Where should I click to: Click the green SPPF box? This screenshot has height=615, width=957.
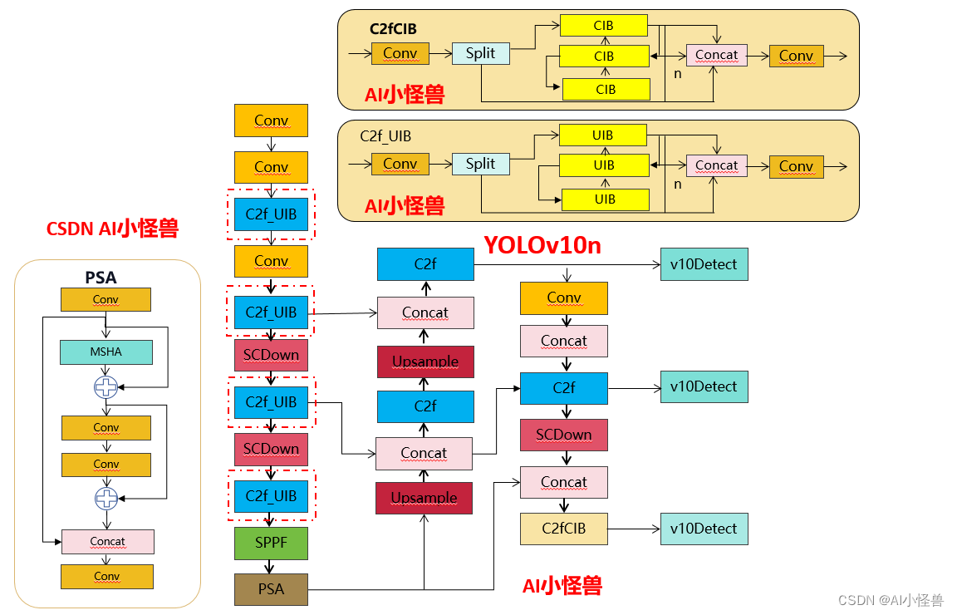pyautogui.click(x=271, y=543)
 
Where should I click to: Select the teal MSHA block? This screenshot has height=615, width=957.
pyautogui.click(x=106, y=352)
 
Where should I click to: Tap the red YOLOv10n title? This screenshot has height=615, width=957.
pyautogui.click(x=542, y=245)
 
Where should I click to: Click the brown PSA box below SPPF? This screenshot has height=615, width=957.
pyautogui.click(x=271, y=589)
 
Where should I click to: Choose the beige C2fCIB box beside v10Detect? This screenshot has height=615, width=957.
pyautogui.click(x=564, y=529)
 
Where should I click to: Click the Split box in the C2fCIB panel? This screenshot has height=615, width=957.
pyautogui.click(x=480, y=53)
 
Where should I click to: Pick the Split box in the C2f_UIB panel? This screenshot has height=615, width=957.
pyautogui.click(x=480, y=164)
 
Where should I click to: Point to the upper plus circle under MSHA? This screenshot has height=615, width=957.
pyautogui.click(x=106, y=386)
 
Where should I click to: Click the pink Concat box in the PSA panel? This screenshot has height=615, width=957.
pyautogui.click(x=107, y=541)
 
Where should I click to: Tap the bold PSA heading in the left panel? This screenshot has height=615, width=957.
pyautogui.click(x=101, y=278)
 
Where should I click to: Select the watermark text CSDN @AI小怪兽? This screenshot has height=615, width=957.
pyautogui.click(x=890, y=600)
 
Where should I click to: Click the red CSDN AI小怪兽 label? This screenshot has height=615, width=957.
pyautogui.click(x=112, y=229)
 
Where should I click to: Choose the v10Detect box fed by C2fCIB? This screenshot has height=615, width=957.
pyautogui.click(x=704, y=529)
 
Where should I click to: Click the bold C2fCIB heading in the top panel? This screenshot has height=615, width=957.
pyautogui.click(x=393, y=29)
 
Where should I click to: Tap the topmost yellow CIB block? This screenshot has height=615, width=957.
pyautogui.click(x=603, y=26)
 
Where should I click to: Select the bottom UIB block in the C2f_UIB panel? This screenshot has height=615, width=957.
pyautogui.click(x=605, y=199)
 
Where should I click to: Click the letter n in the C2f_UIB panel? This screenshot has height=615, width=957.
pyautogui.click(x=677, y=184)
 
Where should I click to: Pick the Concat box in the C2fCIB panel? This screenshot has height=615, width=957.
pyautogui.click(x=716, y=55)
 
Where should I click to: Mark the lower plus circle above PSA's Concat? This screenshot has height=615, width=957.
pyautogui.click(x=106, y=498)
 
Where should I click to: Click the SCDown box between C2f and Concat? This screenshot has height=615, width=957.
pyautogui.click(x=564, y=435)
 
